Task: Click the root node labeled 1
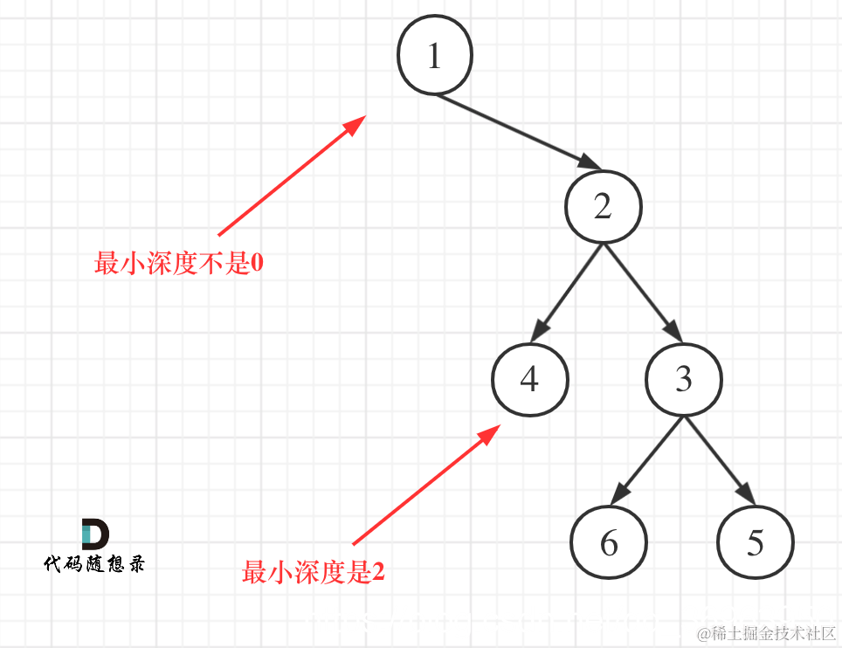point(435,56)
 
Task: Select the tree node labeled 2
point(603,207)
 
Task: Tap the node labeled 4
point(529,379)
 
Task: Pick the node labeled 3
point(684,379)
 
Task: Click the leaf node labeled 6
point(609,542)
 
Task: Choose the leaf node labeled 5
point(756,542)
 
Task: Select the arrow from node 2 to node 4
point(569,292)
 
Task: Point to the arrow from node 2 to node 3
point(642,292)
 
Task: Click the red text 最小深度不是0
point(179,263)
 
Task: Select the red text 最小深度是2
point(314,573)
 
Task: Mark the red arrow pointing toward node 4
point(426,485)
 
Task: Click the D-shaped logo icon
point(94,534)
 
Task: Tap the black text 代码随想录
point(94,564)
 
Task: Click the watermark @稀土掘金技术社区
point(766,632)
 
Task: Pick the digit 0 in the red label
point(257,263)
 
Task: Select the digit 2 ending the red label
point(378,573)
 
